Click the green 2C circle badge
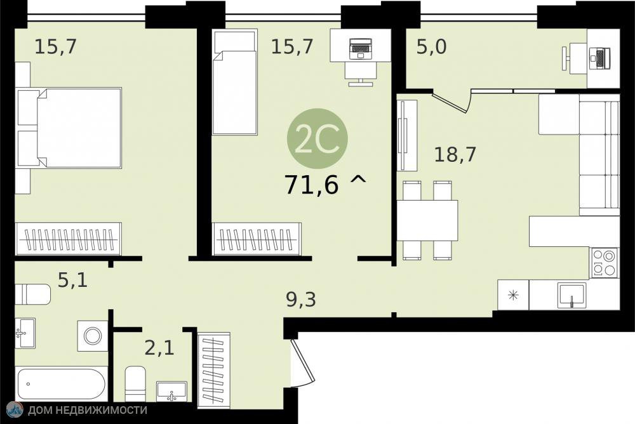317,138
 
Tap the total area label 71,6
312,185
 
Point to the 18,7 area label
455,154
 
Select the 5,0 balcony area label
432,46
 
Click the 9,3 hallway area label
301,300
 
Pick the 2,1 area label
159,347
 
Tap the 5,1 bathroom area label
73,279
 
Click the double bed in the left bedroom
69,128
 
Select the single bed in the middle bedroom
235,82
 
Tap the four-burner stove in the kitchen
605,262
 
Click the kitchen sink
571,295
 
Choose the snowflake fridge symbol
513,295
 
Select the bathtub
61,383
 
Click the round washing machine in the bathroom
93,336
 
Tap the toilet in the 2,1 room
135,383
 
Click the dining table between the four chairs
427,220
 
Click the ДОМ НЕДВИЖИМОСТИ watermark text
87,410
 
